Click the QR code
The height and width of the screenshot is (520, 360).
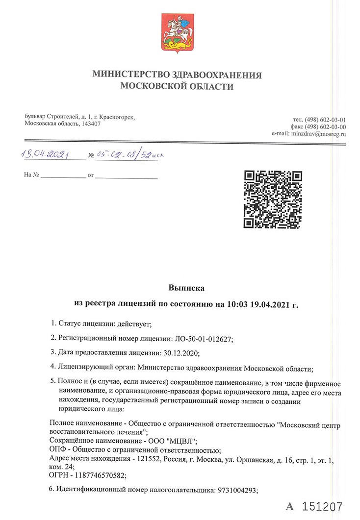[x=273, y=200]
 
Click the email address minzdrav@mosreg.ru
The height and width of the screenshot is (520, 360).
[x=318, y=133]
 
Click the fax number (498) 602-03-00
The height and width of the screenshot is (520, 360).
[x=326, y=126]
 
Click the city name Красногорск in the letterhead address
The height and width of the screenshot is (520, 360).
[x=117, y=117]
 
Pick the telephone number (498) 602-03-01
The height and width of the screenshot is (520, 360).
[x=326, y=119]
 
